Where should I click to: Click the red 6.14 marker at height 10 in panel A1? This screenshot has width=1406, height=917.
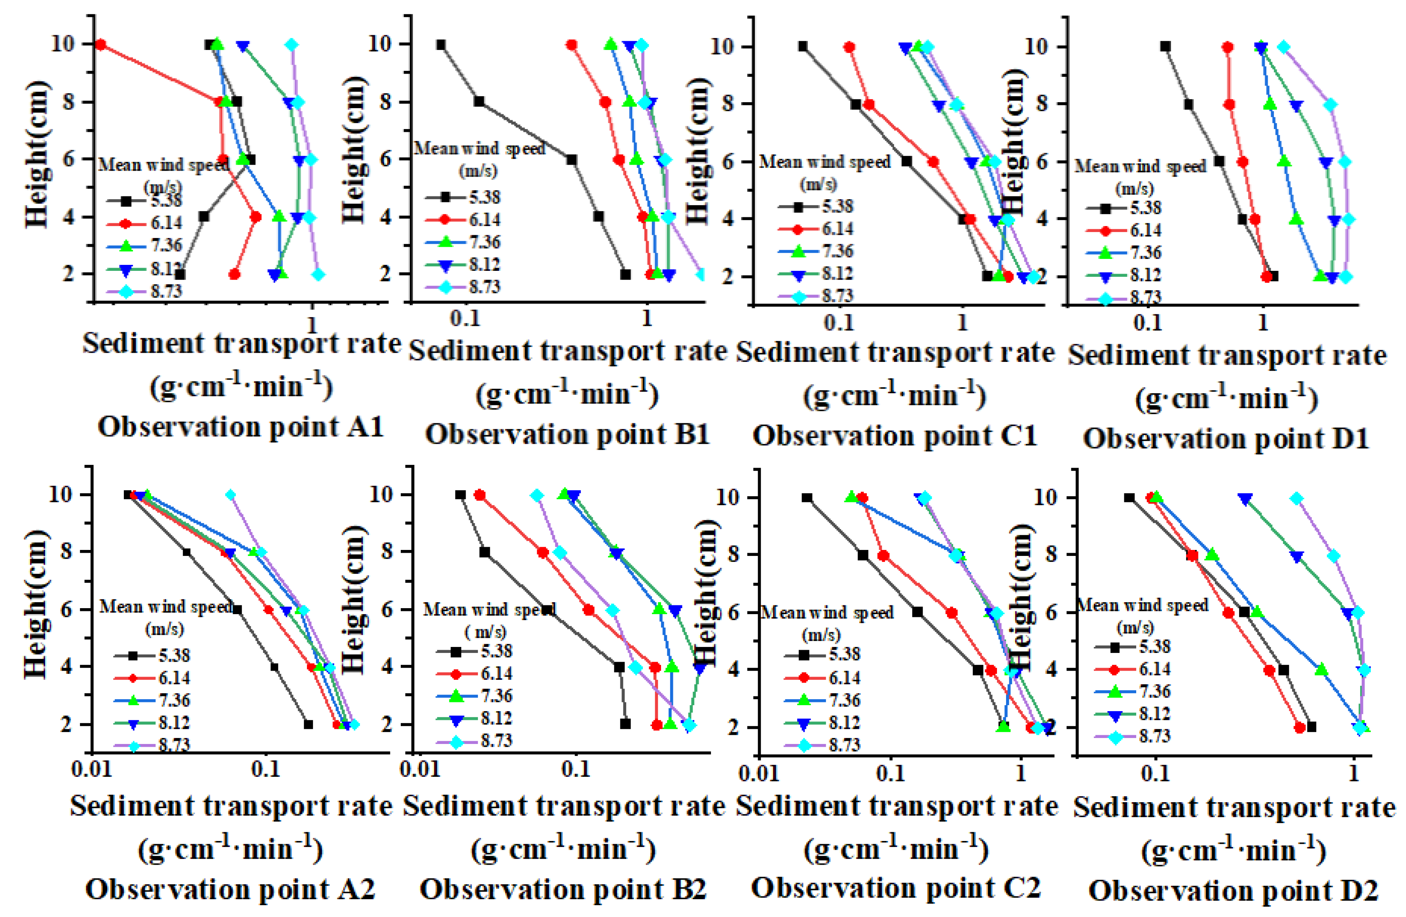pos(101,44)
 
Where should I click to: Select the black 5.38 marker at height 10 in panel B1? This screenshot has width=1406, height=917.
pos(441,45)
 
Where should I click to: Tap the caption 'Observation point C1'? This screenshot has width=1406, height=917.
pos(895,436)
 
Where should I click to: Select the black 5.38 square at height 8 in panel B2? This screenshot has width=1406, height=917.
pos(484,552)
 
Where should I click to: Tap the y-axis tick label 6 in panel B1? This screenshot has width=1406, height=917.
pos(385,160)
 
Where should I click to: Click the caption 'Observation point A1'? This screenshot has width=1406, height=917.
pos(241,427)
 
